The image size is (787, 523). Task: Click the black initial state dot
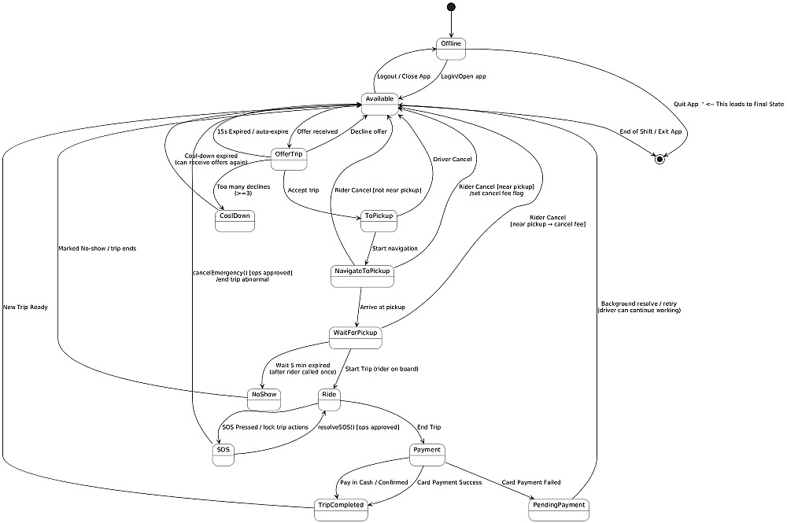[x=451, y=7]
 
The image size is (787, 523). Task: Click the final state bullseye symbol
[x=660, y=160]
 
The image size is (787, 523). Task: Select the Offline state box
[x=451, y=48]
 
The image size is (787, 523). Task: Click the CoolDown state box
[x=235, y=221]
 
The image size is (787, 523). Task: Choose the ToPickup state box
[x=379, y=221]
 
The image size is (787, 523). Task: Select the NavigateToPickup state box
[x=362, y=276]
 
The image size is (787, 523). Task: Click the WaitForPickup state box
[x=356, y=337]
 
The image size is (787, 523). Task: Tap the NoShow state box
[x=264, y=399]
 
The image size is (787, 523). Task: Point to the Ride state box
[x=330, y=399]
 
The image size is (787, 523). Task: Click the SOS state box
[x=224, y=455]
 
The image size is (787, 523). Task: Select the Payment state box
[x=427, y=455]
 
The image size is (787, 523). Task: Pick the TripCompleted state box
[x=342, y=510]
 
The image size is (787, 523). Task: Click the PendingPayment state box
[x=560, y=510]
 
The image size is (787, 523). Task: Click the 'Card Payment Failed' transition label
[x=531, y=482]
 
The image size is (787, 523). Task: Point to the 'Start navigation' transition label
[x=395, y=249]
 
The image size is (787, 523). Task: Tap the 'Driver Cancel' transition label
[x=453, y=160]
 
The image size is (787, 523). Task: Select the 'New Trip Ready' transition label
[x=25, y=307]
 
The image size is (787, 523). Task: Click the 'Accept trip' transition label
[x=304, y=190]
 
